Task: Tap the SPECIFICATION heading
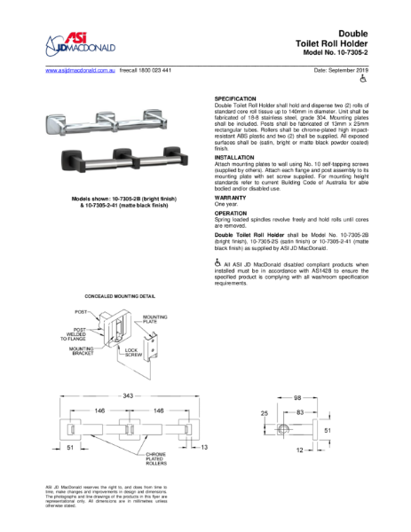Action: [x=235, y=98]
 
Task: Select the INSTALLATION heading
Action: [x=235, y=157]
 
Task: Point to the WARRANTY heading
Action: [x=232, y=198]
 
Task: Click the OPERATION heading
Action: [x=232, y=214]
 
